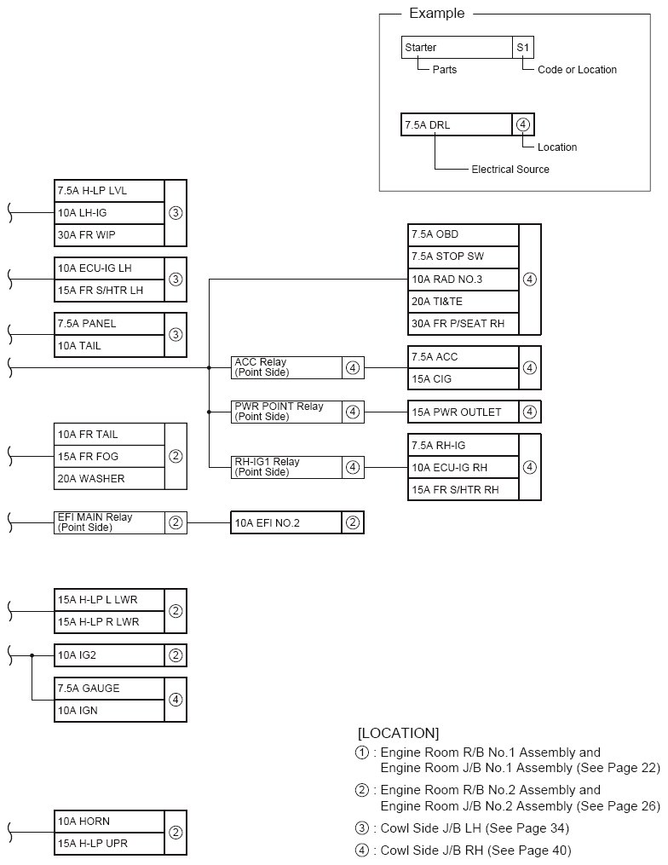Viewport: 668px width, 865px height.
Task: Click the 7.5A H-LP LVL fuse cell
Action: pos(108,190)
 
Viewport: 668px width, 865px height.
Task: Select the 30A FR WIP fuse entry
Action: pos(108,234)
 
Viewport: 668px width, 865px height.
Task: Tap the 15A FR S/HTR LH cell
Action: pos(108,290)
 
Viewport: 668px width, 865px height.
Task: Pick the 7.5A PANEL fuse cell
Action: pos(108,324)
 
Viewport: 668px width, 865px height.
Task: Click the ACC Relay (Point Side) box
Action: pos(285,367)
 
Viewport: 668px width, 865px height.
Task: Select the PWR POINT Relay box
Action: pos(285,412)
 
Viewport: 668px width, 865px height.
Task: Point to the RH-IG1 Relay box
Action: pos(285,467)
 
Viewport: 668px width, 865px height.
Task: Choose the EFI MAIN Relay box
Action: pos(108,522)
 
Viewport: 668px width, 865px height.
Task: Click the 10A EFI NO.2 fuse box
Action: pos(285,522)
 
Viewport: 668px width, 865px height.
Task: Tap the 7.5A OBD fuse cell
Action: pos(463,234)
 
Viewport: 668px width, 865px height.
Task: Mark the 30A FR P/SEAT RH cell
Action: pos(463,323)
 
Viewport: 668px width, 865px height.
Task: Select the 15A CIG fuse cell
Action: pos(463,378)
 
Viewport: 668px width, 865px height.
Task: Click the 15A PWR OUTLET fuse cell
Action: pos(463,412)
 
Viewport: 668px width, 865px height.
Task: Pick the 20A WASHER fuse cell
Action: pos(108,478)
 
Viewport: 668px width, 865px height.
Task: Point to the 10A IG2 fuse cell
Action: pos(108,655)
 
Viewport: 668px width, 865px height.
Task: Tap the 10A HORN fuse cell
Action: pos(108,822)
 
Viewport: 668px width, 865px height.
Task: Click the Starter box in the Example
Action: pos(456,48)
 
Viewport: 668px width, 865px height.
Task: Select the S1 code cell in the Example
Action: pos(523,48)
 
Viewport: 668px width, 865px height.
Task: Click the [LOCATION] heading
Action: pos(398,733)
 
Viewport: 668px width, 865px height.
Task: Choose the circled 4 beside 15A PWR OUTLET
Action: pos(530,412)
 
